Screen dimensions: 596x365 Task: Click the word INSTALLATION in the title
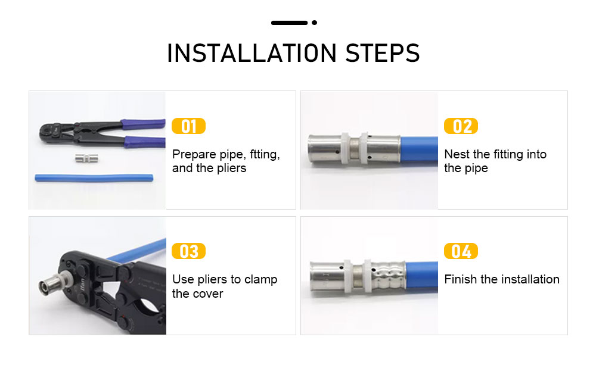pyautogui.click(x=252, y=53)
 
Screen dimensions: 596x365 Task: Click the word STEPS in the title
pyautogui.click(x=383, y=53)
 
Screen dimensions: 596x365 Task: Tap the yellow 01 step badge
pyautogui.click(x=188, y=126)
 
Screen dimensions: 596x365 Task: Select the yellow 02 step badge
pyautogui.click(x=461, y=126)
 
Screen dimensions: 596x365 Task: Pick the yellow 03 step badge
pyautogui.click(x=188, y=251)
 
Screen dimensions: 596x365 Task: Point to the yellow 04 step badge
pyautogui.click(x=461, y=251)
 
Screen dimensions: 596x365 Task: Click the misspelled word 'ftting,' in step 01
pyautogui.click(x=265, y=155)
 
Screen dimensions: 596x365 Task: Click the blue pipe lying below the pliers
pyautogui.click(x=94, y=178)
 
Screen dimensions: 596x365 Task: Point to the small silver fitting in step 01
pyautogui.click(x=86, y=158)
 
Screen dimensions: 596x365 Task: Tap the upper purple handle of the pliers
pyautogui.click(x=143, y=124)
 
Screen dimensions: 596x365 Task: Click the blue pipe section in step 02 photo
pyautogui.click(x=419, y=149)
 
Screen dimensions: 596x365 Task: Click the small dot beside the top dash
pyautogui.click(x=314, y=23)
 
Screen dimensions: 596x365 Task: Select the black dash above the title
pyautogui.click(x=289, y=23)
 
